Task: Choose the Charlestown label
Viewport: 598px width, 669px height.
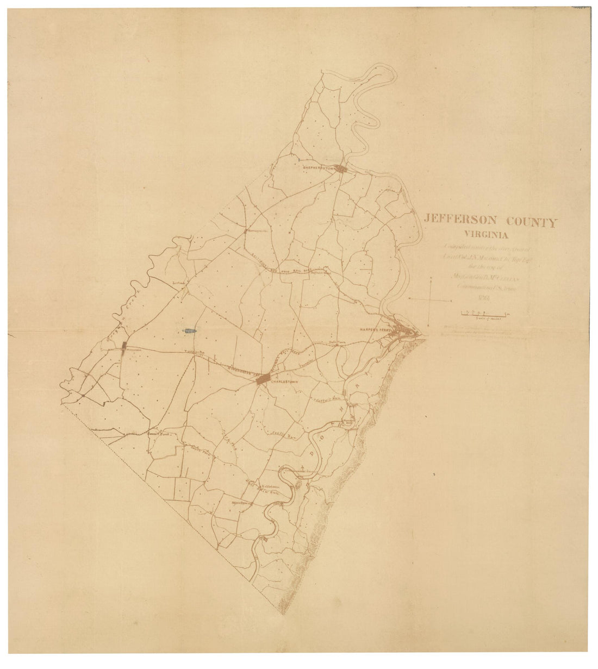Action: click(x=286, y=381)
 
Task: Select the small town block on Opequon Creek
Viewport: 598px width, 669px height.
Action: click(x=124, y=345)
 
